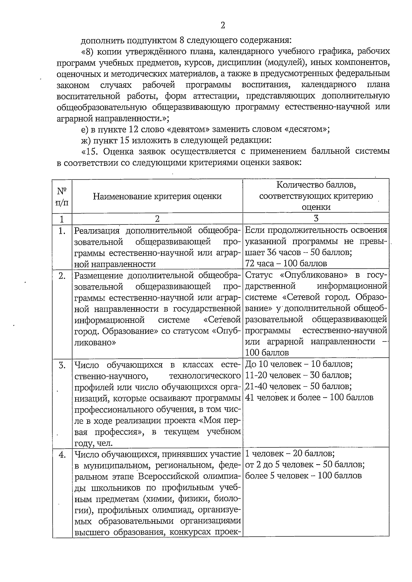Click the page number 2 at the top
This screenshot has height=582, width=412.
coord(223,25)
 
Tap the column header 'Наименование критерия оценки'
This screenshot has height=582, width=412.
coord(157,196)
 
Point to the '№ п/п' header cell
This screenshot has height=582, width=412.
coord(62,196)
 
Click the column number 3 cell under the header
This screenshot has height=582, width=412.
coord(316,218)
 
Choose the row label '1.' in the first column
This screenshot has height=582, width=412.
coord(62,231)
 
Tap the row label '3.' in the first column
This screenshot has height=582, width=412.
coord(62,365)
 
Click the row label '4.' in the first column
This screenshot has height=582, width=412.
coord(62,455)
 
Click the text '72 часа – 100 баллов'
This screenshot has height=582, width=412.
coord(286,264)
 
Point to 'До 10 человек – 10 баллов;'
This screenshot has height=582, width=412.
coord(299,364)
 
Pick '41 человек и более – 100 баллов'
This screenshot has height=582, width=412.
coord(309,397)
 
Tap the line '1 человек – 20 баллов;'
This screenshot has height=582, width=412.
coord(290,453)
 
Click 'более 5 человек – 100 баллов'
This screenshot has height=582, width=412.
coord(304,476)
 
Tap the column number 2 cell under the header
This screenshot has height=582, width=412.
coord(157,218)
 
